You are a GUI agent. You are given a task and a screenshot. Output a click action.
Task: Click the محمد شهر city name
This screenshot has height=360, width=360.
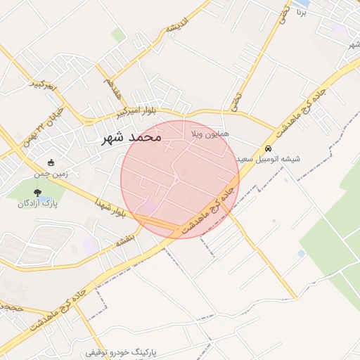click(x=131, y=138)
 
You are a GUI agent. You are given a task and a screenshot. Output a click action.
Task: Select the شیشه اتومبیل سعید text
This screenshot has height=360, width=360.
click(x=269, y=160)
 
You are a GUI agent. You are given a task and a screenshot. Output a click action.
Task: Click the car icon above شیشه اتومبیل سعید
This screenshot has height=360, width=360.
click(x=269, y=148)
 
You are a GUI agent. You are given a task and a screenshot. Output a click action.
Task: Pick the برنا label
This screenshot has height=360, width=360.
click(x=302, y=12)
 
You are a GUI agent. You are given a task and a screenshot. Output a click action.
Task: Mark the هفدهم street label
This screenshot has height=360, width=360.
click(x=113, y=87)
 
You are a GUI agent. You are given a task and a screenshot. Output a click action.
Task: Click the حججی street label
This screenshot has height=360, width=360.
click(x=12, y=307)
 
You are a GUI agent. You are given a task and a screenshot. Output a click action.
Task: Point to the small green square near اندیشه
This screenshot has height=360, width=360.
click(x=118, y=35)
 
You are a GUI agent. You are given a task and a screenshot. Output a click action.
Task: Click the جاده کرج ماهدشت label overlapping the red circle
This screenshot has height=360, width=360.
click(x=207, y=209)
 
